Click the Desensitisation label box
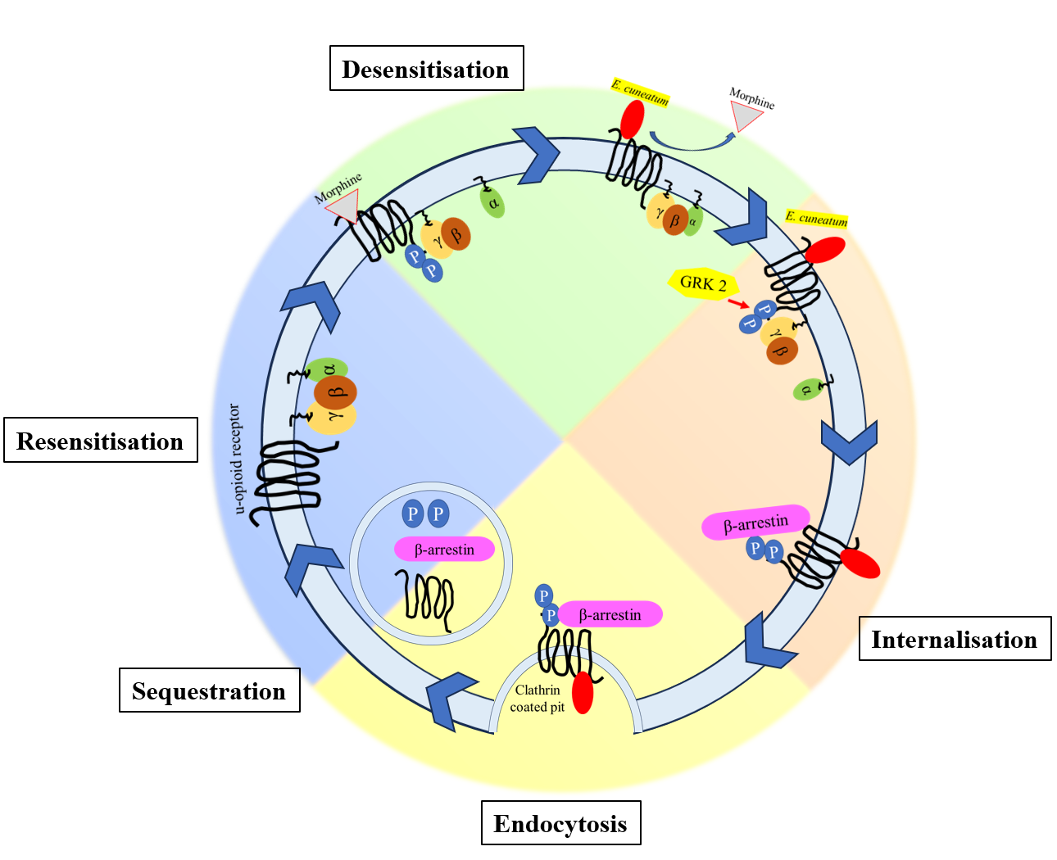point(426,69)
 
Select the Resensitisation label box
point(100,441)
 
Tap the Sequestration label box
point(209,690)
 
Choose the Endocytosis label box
point(560,823)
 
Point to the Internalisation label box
point(955,639)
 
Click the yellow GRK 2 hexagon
point(703,283)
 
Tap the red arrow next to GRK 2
point(737,304)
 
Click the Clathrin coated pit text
point(538,699)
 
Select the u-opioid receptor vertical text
point(237,459)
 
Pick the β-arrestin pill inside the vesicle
point(444,549)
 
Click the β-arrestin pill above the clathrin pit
point(610,614)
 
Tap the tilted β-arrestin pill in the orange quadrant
point(755,522)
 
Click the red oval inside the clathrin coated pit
point(583,693)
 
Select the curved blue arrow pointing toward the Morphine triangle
point(692,144)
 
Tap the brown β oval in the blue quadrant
point(335,393)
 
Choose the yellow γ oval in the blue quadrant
point(332,418)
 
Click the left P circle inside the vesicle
point(413,514)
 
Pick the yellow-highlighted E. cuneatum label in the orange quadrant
point(816,219)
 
